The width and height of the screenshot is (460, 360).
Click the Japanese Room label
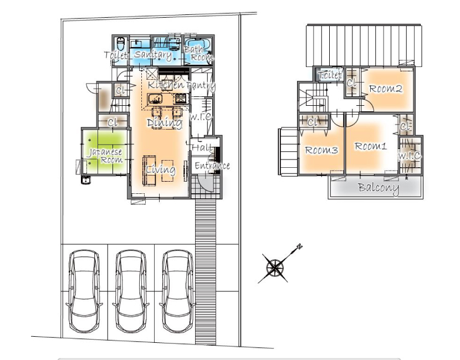106,156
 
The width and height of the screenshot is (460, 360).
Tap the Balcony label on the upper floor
379,188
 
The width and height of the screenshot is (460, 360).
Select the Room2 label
386,89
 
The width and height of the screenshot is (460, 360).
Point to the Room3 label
321,150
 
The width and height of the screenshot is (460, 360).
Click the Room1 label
371,146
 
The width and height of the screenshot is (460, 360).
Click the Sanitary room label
153,55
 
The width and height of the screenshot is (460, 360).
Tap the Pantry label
201,86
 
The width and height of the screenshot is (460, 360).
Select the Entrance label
212,166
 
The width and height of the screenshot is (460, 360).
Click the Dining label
164,123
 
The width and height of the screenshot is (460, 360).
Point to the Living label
161,169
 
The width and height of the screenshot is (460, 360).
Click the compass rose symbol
276,268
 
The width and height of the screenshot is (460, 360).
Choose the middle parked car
131,291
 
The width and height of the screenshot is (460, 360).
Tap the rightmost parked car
177,291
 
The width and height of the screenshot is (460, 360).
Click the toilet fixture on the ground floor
121,44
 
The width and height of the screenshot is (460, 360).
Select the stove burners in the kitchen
181,99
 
